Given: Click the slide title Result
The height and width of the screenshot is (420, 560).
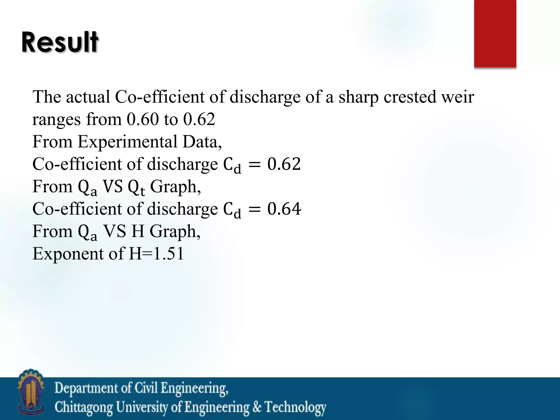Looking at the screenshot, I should tap(60, 42).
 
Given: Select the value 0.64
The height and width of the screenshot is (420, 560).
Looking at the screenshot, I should tap(284, 209).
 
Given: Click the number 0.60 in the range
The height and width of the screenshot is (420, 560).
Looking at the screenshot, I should tap(142, 119).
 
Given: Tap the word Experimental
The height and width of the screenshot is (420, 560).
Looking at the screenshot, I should tap(127, 142).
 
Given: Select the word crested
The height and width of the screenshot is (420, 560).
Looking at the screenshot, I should tap(410, 97).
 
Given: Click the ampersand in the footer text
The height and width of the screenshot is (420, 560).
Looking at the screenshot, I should tap(257, 407).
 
